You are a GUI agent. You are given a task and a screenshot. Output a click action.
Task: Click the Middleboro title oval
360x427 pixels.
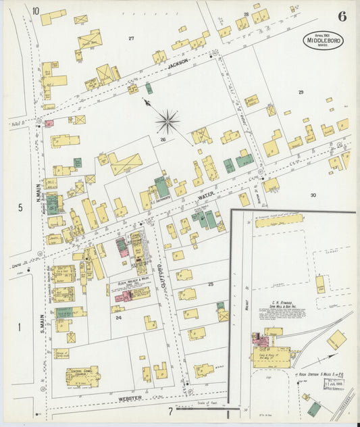click(x=323, y=40)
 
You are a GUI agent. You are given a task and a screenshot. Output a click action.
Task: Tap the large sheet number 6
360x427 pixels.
click(x=342, y=17)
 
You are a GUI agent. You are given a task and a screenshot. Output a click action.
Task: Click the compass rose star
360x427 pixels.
click(x=167, y=122)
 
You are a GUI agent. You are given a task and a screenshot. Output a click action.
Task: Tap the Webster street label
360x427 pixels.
click(x=130, y=399)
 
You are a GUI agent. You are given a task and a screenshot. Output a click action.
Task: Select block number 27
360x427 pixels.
click(x=132, y=39)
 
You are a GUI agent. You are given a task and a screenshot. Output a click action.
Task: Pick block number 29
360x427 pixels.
click(x=301, y=91)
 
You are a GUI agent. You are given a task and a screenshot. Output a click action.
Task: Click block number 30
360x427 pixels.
click(x=313, y=195)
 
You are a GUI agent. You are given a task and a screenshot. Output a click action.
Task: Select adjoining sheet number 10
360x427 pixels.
click(x=35, y=11)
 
